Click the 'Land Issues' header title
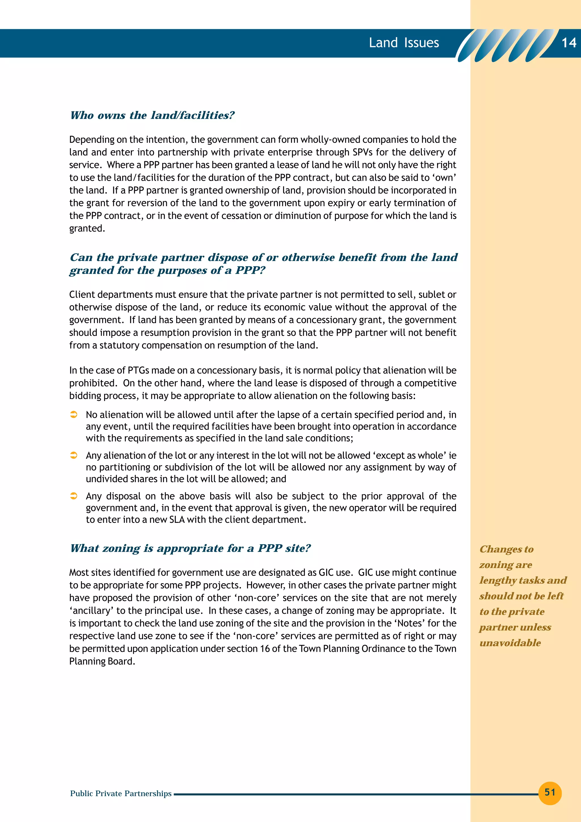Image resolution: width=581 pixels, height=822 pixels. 404,43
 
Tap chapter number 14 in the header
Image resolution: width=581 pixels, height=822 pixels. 569,43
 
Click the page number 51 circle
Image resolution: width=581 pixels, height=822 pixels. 550,793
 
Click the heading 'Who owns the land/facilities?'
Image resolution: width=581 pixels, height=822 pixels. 152,115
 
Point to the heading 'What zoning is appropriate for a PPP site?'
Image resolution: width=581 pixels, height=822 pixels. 190,548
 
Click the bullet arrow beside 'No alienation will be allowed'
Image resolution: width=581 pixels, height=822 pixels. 74,415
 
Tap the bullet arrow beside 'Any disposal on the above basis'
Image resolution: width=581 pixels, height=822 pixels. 74,496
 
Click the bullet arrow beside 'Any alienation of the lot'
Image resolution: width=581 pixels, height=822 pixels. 74,456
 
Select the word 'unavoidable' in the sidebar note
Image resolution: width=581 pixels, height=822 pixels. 510,643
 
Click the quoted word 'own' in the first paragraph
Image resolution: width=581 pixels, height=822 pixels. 445,178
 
